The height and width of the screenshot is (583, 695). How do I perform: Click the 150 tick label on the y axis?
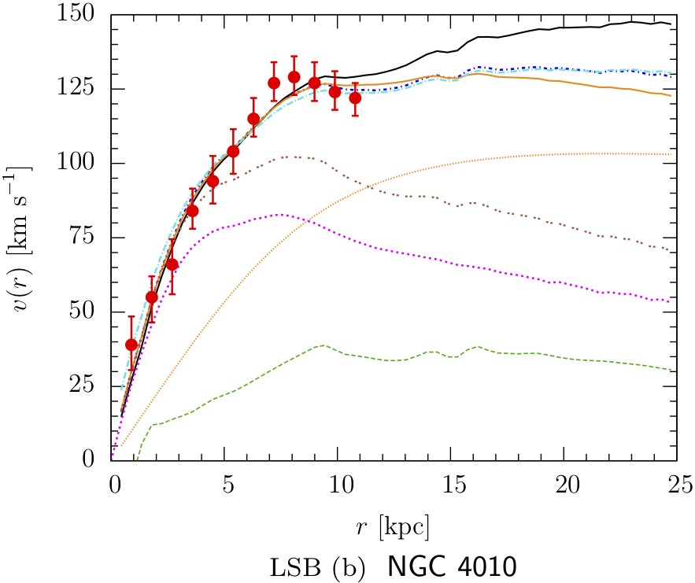(x=80, y=16)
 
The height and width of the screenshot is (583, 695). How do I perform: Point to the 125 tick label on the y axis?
(x=80, y=90)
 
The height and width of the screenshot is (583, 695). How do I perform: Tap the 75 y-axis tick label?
(x=86, y=238)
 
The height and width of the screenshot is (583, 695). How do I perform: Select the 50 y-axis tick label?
(x=86, y=312)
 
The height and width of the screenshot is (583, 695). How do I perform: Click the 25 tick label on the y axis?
(x=86, y=386)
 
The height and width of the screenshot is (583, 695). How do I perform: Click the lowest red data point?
(x=131, y=345)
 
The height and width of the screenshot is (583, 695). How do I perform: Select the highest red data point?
(x=294, y=77)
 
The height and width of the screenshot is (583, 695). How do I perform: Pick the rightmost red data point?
(x=355, y=98)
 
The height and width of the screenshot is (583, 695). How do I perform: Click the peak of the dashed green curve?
(x=321, y=345)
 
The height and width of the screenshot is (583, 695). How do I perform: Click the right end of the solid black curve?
(x=671, y=24)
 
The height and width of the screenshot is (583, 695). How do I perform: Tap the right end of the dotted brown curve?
(x=671, y=250)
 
